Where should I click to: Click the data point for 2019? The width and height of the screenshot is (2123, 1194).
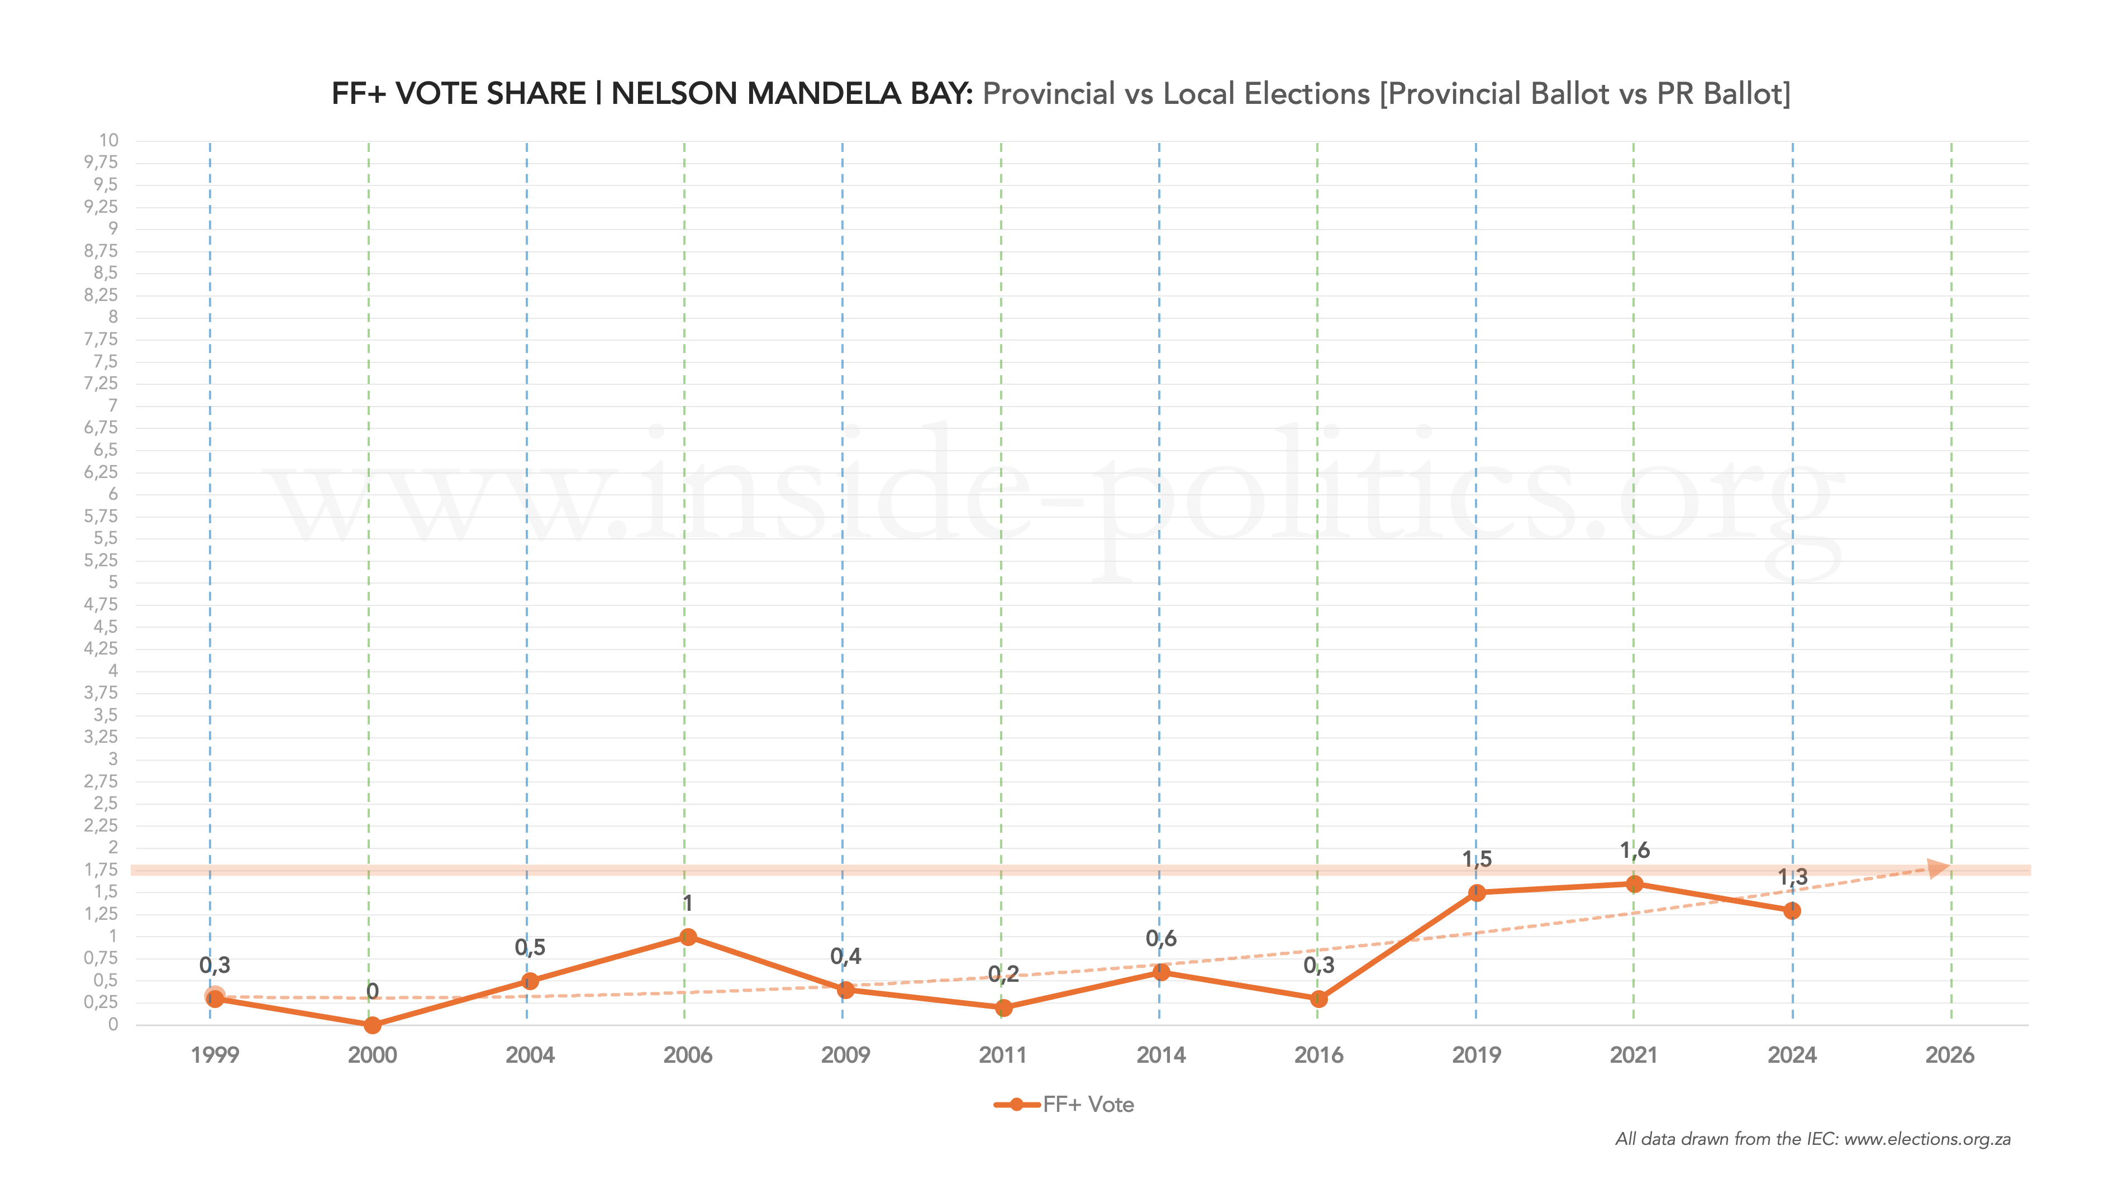click(1477, 892)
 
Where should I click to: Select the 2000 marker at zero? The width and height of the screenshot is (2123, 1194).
click(373, 1025)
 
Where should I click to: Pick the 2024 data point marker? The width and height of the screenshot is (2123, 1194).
click(1792, 910)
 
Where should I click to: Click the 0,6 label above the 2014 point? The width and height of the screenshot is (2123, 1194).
click(1161, 939)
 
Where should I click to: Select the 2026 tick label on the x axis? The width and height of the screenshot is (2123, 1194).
click(1950, 1056)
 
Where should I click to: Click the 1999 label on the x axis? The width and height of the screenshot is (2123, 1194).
click(215, 1056)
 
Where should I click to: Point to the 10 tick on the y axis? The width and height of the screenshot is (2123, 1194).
click(109, 140)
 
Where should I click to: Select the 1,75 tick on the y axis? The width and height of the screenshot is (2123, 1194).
click(101, 870)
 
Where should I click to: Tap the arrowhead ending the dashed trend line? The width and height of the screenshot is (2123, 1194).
click(1939, 868)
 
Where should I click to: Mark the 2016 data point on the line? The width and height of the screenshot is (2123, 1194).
click(1318, 999)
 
